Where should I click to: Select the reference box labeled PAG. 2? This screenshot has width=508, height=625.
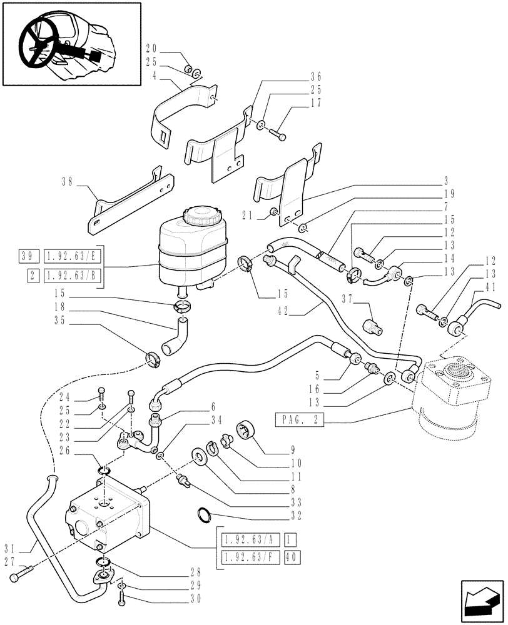(x=298, y=420)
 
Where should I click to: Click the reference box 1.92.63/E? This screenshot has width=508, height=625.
(x=71, y=256)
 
